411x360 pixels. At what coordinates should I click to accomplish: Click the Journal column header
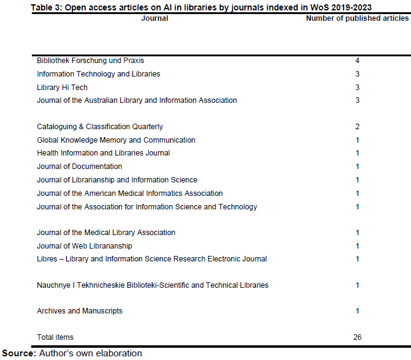pyautogui.click(x=154, y=18)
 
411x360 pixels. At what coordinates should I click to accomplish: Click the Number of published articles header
pyautogui.click(x=357, y=18)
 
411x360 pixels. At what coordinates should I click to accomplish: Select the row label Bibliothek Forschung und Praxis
pyautogui.click(x=91, y=61)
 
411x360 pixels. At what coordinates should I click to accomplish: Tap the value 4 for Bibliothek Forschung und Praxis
pyautogui.click(x=357, y=61)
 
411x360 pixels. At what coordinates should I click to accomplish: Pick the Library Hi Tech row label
pyautogui.click(x=62, y=88)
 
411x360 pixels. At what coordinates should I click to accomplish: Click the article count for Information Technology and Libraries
pyautogui.click(x=357, y=74)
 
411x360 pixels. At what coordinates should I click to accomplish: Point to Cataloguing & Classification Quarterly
pyautogui.click(x=100, y=127)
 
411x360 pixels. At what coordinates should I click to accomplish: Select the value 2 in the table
pyautogui.click(x=357, y=127)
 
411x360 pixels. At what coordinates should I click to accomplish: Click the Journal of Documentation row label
pyautogui.click(x=80, y=167)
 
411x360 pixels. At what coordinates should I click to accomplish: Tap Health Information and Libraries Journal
pyautogui.click(x=104, y=153)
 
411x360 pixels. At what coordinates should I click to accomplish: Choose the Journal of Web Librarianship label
pyautogui.click(x=85, y=246)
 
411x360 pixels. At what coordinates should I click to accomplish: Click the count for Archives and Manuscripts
pyautogui.click(x=357, y=311)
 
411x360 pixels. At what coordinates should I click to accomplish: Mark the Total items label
pyautogui.click(x=55, y=337)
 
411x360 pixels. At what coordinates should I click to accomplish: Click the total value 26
pyautogui.click(x=357, y=337)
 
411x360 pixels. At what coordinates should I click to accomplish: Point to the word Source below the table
pyautogui.click(x=19, y=353)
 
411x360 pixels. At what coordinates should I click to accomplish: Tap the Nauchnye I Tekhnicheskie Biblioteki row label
pyautogui.click(x=153, y=285)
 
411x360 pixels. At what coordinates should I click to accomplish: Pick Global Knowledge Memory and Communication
pyautogui.click(x=116, y=140)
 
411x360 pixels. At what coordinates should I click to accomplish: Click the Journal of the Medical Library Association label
pyautogui.click(x=106, y=233)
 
